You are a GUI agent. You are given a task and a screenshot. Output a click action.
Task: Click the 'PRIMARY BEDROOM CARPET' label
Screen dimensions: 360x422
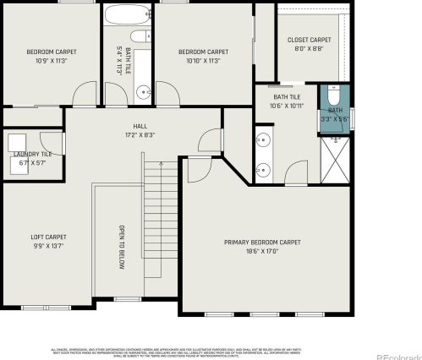click(x=262, y=242)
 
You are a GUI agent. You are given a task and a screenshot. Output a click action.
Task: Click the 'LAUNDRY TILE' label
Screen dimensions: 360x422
click(x=32, y=153)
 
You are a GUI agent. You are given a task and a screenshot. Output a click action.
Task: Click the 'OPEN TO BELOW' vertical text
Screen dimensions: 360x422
click(x=121, y=248)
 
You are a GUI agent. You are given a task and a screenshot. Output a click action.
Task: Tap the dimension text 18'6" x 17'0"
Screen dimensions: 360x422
click(x=262, y=251)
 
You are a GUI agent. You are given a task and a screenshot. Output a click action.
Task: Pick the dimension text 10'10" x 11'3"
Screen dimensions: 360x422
click(x=203, y=60)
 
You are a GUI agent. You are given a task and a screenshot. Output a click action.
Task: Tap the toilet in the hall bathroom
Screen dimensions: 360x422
click(x=143, y=36)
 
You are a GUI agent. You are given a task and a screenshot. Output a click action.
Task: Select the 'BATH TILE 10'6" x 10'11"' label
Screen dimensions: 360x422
click(x=286, y=101)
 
